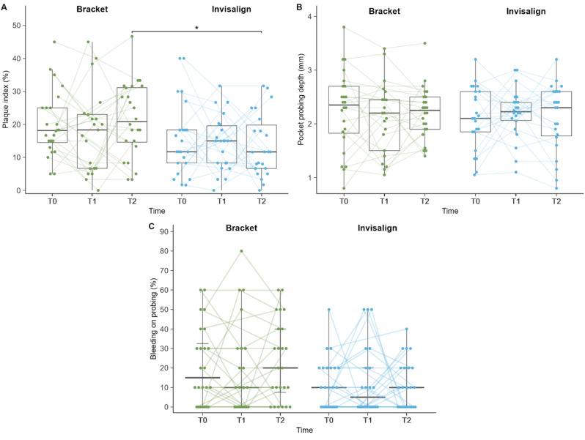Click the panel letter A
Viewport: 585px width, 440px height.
(x=4, y=7)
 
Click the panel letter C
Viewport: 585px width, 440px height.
(x=152, y=225)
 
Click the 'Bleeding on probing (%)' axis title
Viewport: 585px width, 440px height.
(x=153, y=319)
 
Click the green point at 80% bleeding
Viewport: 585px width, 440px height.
(x=241, y=251)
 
